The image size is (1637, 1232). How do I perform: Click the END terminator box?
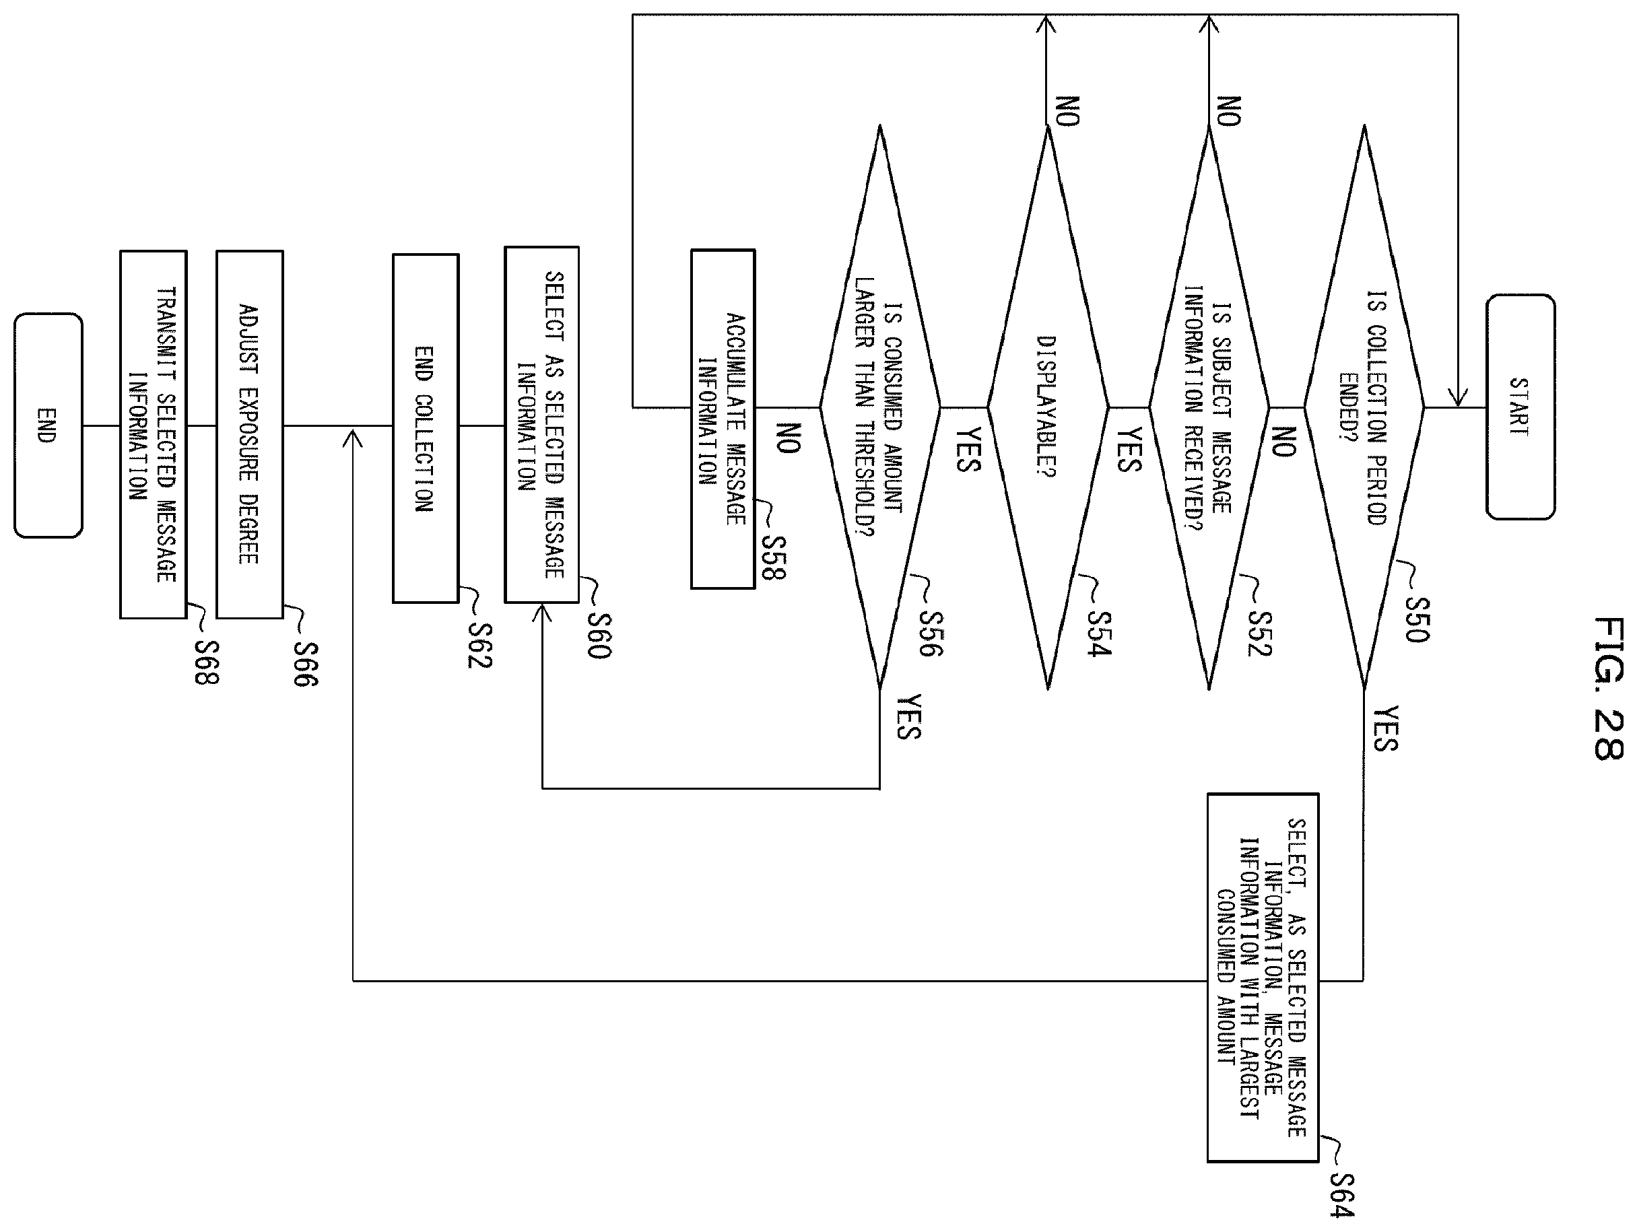click(x=48, y=425)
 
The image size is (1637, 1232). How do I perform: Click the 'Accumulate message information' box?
click(x=723, y=419)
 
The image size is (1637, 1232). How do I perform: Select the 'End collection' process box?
click(x=426, y=428)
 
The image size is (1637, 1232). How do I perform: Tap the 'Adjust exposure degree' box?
click(x=249, y=434)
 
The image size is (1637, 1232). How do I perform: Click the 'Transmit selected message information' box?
click(x=153, y=434)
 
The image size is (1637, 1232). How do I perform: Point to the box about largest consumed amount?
click(x=1263, y=978)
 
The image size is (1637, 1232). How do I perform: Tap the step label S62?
click(x=479, y=645)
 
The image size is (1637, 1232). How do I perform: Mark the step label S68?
click(x=207, y=662)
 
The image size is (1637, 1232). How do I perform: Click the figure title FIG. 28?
click(x=1608, y=688)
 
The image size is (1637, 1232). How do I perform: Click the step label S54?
click(x=1099, y=634)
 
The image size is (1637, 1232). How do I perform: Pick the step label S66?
click(x=306, y=664)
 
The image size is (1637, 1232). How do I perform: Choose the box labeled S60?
click(x=541, y=425)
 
